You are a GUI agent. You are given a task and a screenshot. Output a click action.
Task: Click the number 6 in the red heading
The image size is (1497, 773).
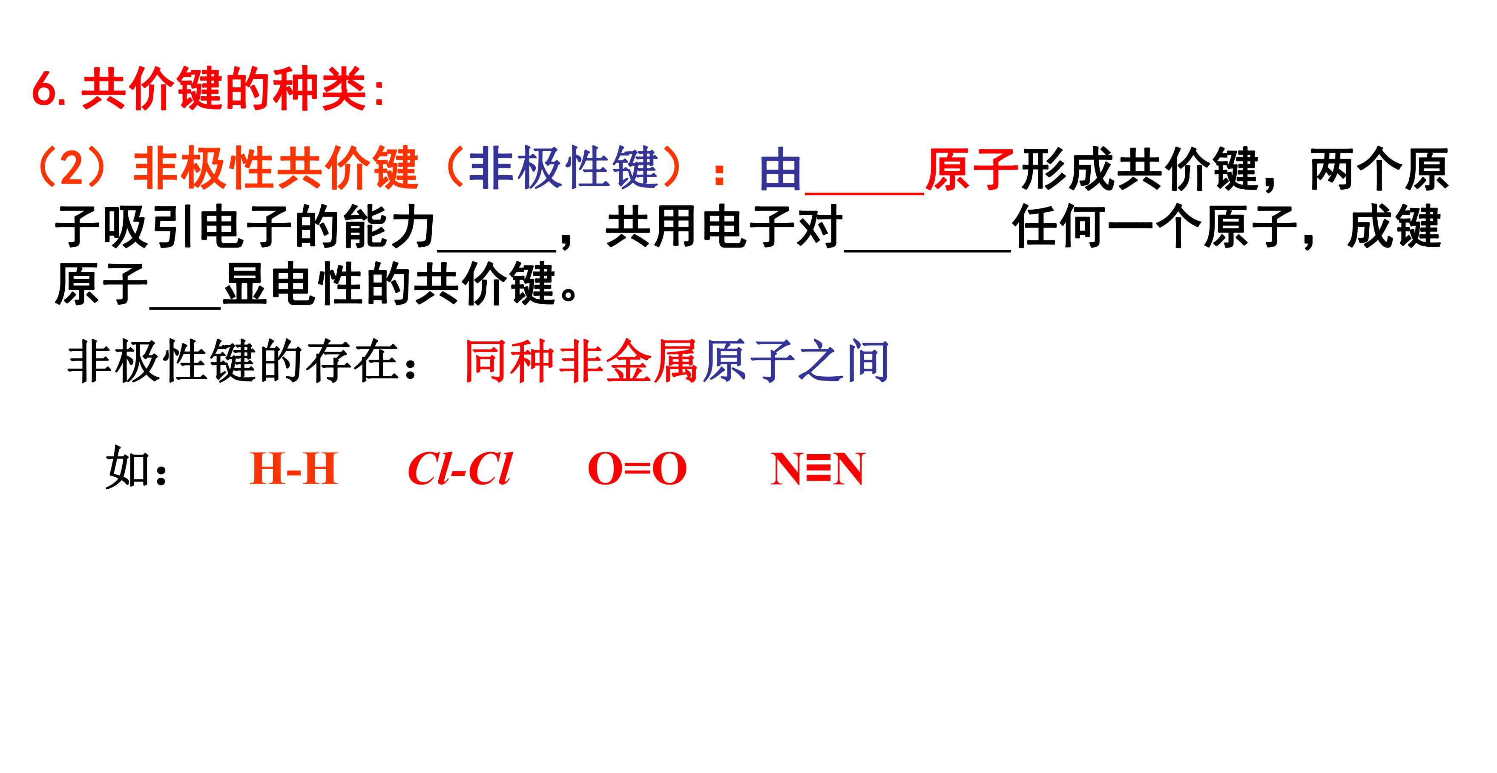click(x=44, y=90)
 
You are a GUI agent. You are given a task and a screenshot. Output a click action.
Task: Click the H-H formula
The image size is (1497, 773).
click(x=293, y=469)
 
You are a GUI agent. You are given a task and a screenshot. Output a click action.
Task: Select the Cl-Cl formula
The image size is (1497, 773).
click(x=459, y=469)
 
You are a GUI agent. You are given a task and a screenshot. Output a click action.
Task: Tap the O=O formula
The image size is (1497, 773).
click(x=638, y=469)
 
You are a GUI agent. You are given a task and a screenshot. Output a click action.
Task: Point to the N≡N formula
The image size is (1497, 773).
click(x=818, y=469)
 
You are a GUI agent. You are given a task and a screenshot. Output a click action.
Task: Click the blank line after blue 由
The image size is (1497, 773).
click(x=864, y=192)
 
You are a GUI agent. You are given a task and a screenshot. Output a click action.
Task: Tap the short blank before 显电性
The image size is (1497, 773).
click(x=185, y=306)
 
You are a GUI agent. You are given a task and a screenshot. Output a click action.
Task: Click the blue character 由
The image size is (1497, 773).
click(x=781, y=169)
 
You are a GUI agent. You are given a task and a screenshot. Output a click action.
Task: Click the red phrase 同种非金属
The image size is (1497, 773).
click(x=581, y=361)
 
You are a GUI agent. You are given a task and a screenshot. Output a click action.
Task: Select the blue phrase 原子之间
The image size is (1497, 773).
click(x=795, y=361)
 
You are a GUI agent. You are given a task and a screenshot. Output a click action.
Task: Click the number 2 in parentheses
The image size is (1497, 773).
click(x=72, y=169)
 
